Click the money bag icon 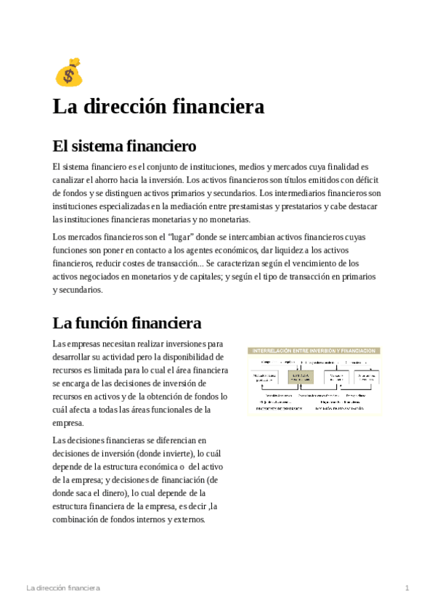click(x=68, y=73)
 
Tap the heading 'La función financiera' click(x=126, y=322)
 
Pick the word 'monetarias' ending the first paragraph click(x=227, y=219)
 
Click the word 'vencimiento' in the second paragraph click(x=314, y=264)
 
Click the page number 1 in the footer click(x=407, y=587)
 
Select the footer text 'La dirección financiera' click(x=62, y=587)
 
